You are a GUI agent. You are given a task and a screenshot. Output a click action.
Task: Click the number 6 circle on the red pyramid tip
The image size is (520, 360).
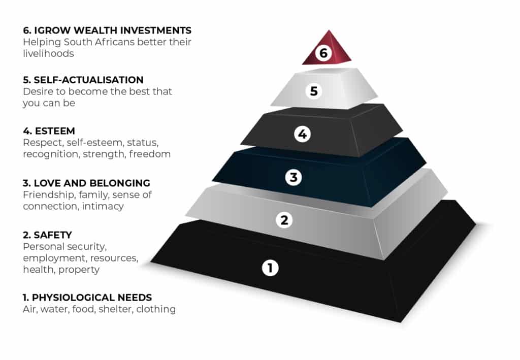[323, 53]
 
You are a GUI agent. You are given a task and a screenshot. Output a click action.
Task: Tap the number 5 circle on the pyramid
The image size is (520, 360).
[314, 91]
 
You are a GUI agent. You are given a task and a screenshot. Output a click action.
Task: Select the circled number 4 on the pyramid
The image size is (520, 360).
[302, 134]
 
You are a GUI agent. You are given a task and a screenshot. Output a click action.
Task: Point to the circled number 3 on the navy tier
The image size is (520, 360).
[294, 177]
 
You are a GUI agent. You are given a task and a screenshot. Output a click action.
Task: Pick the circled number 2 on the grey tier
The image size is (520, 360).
[284, 220]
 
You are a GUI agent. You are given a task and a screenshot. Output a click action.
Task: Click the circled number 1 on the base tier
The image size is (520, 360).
[270, 268]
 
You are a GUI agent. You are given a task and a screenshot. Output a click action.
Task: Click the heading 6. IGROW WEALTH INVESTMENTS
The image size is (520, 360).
[107, 30]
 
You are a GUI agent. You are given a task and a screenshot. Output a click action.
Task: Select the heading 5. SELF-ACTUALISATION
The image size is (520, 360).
[83, 80]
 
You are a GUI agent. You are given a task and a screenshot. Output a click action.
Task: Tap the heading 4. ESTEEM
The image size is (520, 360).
[49, 131]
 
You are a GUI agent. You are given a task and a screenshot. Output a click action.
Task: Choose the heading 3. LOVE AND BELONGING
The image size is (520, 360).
[86, 183]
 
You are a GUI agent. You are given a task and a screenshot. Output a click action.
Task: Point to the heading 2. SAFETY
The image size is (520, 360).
[47, 235]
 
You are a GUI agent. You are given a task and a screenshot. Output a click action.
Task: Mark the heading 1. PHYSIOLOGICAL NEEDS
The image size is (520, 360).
[87, 298]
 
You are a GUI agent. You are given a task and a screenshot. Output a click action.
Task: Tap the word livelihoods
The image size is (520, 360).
[48, 54]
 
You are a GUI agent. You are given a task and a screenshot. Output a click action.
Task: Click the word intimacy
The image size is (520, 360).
[103, 207]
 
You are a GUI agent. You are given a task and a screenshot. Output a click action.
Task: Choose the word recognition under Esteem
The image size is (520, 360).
[51, 154]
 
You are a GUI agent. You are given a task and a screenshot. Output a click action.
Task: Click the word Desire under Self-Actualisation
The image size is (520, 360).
[36, 91]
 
